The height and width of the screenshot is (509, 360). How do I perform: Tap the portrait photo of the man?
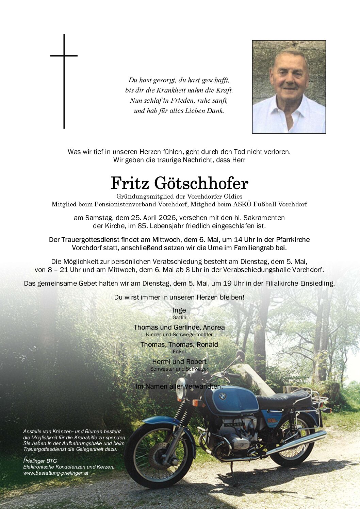[x=289, y=87]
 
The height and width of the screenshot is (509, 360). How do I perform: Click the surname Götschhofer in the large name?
[x=201, y=184]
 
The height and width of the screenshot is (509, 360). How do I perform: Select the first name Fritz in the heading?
[x=130, y=184]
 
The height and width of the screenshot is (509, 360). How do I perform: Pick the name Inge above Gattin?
[x=179, y=310]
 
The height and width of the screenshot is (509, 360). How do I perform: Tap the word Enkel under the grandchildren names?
[x=179, y=352]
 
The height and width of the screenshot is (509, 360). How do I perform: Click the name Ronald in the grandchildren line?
[x=207, y=344]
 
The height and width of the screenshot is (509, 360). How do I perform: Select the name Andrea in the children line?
[x=214, y=327]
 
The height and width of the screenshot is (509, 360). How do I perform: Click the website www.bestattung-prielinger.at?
[x=56, y=473]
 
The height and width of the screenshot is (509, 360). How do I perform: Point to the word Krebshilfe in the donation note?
[x=89, y=438]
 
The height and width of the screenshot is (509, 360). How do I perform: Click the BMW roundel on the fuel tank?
[x=222, y=396]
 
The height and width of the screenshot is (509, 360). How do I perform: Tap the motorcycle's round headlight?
[x=181, y=393]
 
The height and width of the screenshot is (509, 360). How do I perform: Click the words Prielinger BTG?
[x=40, y=461]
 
